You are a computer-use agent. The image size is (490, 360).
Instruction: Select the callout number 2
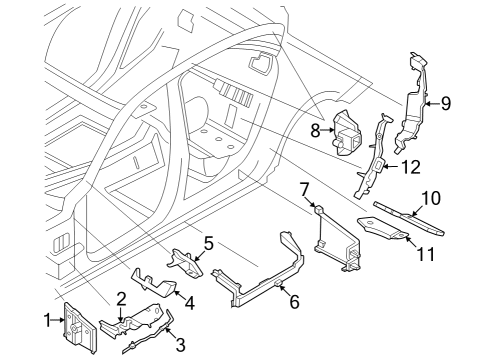coord(121,297)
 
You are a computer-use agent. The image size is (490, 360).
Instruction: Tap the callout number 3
coord(180,346)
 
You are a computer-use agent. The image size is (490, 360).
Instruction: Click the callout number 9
coord(446,101)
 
